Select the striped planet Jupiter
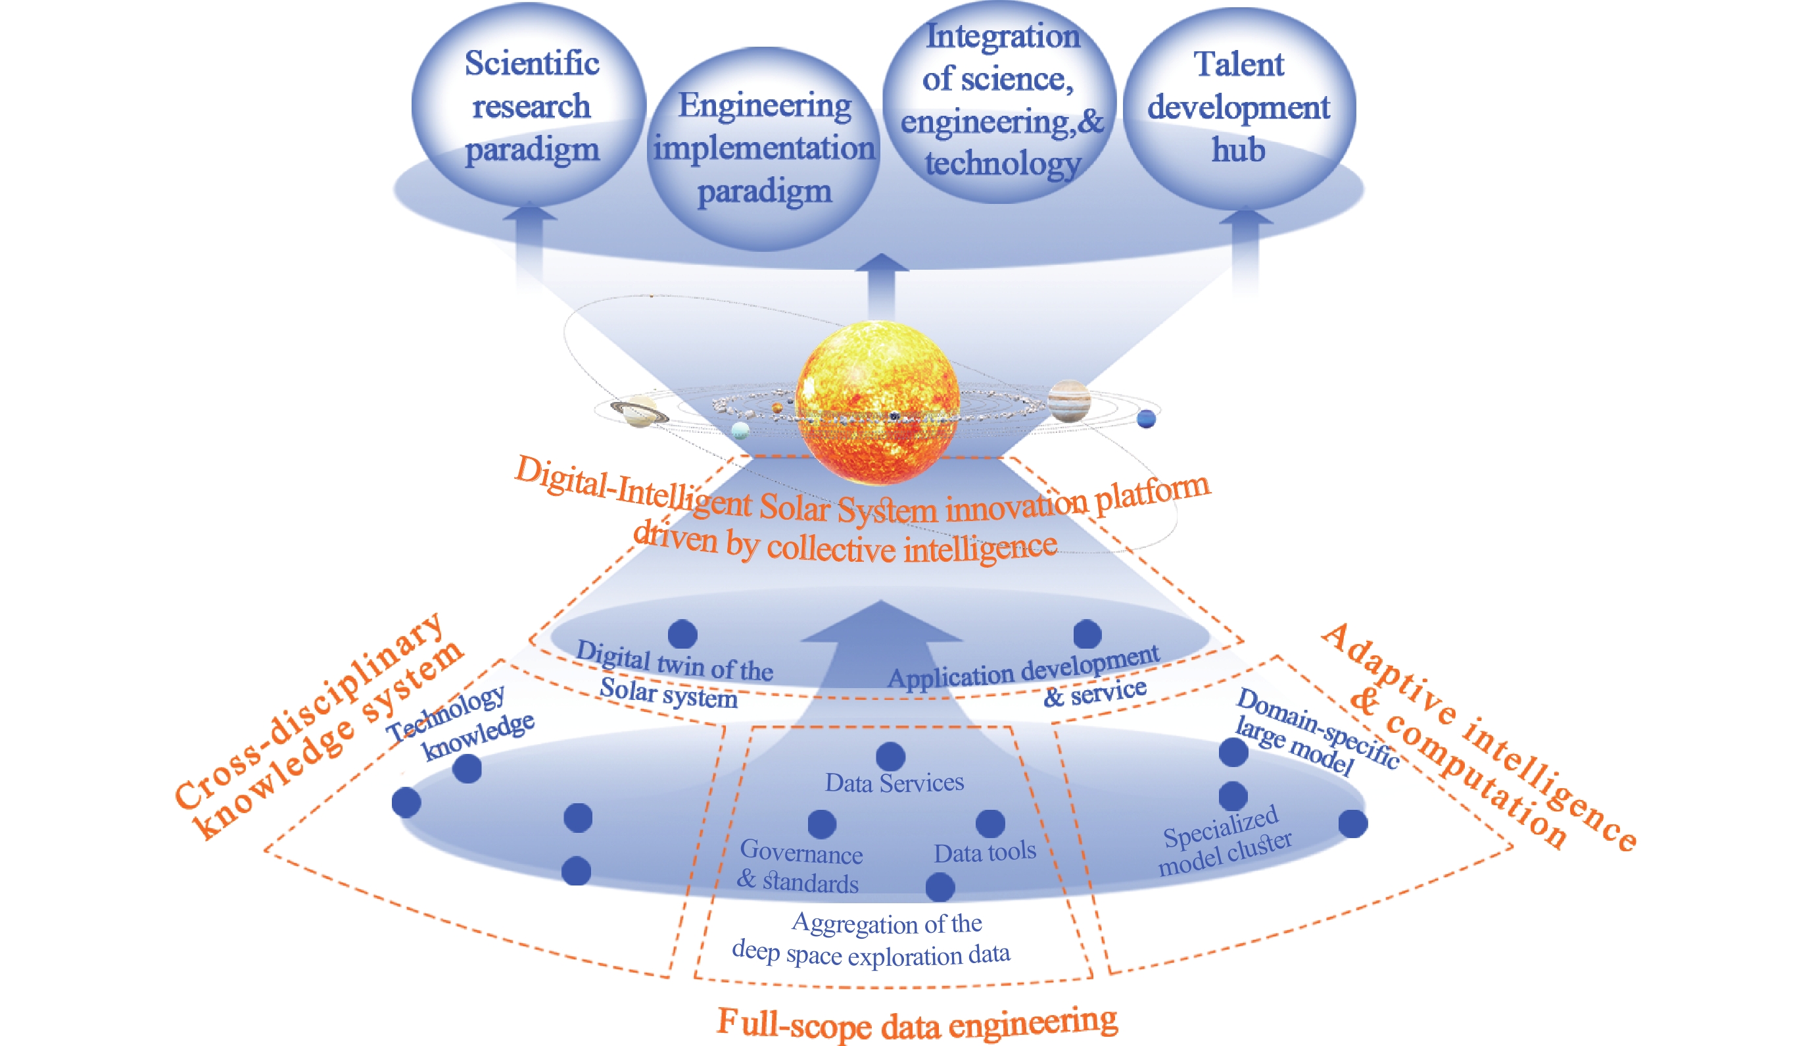(1069, 401)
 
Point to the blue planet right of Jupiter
(1147, 418)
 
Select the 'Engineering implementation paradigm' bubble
(764, 149)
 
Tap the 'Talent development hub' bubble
(1239, 107)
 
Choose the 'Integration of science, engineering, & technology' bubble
(1001, 101)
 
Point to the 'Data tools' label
(984, 853)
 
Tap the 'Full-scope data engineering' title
(917, 1023)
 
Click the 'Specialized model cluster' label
(1225, 841)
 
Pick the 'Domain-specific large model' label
(1315, 732)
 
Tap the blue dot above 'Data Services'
(890, 757)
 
